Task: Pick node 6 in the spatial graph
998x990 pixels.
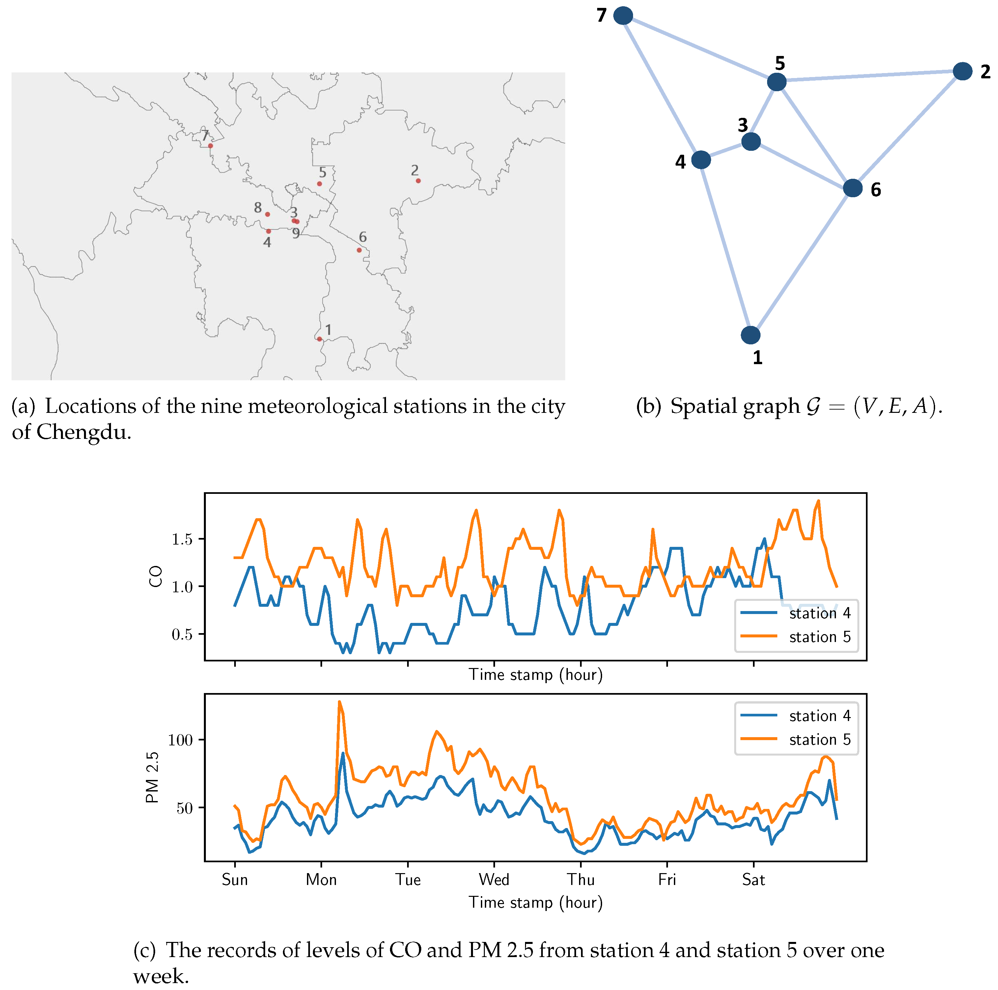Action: [x=852, y=188]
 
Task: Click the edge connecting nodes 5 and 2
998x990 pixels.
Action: [x=869, y=76]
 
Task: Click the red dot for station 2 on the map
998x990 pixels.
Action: [x=418, y=181]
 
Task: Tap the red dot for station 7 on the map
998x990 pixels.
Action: [x=210, y=146]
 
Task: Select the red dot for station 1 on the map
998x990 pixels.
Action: [x=319, y=339]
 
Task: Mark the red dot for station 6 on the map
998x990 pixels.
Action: [x=359, y=250]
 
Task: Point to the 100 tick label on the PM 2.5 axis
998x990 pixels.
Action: [x=180, y=740]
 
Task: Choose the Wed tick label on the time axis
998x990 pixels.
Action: [x=494, y=879]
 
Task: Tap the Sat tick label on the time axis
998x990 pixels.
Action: [x=753, y=879]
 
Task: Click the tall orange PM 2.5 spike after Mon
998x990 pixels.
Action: [x=339, y=703]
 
